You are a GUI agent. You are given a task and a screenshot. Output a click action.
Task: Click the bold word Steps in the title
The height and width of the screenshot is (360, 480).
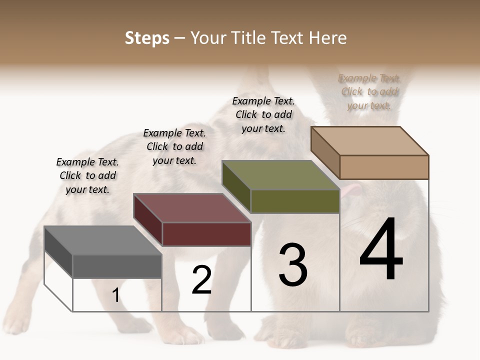pos(147,38)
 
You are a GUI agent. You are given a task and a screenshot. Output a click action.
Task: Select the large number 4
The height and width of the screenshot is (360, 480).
pos(381,249)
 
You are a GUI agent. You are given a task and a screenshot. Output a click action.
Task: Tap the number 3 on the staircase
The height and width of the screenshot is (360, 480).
pos(293,265)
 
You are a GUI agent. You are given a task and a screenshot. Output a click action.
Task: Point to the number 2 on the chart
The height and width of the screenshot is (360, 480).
pos(201,280)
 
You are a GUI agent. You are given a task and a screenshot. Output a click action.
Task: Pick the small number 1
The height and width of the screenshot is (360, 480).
pos(116,295)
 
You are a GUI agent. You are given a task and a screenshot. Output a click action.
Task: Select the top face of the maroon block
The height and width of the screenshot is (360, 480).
pos(192,208)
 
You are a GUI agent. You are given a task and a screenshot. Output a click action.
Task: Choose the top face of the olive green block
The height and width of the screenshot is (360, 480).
pos(280,175)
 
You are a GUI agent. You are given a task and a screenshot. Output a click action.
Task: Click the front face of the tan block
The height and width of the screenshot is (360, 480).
pos(384,167)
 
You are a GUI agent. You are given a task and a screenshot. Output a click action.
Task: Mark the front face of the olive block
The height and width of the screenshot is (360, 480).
pos(295,201)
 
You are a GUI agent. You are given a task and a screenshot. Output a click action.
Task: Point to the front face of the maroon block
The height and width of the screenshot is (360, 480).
pos(206,234)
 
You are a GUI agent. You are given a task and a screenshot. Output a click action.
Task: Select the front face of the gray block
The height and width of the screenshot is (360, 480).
pos(117,266)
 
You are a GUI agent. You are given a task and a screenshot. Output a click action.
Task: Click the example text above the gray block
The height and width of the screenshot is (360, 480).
pos(87,175)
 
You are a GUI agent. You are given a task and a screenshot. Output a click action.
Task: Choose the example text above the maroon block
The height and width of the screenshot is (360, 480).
pos(174,146)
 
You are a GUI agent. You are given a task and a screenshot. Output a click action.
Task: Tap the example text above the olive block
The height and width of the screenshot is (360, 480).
pos(263,114)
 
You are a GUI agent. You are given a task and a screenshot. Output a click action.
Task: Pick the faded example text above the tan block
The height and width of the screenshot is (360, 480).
pos(369,91)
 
